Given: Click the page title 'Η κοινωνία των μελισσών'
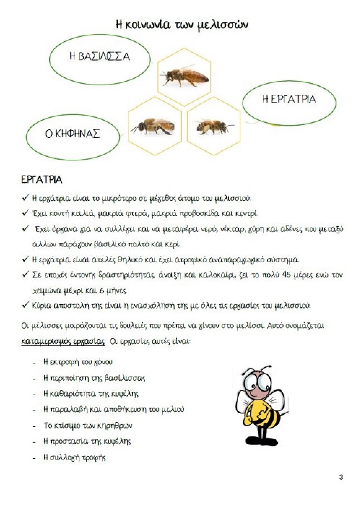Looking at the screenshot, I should pyautogui.click(x=182, y=25).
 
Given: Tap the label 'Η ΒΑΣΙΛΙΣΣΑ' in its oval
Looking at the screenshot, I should pyautogui.click(x=99, y=57).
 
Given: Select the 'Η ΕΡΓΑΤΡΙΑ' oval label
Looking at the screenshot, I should pyautogui.click(x=289, y=99).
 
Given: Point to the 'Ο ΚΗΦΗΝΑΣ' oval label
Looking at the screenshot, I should pyautogui.click(x=72, y=134).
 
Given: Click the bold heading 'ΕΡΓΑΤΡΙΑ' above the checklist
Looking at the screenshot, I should pyautogui.click(x=42, y=180).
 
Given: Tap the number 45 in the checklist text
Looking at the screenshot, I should pyautogui.click(x=286, y=275).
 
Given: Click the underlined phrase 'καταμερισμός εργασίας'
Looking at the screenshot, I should pyautogui.click(x=63, y=341).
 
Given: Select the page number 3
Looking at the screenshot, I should pyautogui.click(x=341, y=477).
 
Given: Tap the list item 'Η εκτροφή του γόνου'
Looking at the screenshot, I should pyautogui.click(x=78, y=362).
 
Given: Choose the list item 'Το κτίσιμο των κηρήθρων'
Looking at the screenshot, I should pyautogui.click(x=88, y=425).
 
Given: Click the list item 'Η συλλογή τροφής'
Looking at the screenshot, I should pyautogui.click(x=74, y=457).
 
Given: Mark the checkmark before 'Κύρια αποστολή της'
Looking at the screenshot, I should pyautogui.click(x=25, y=305).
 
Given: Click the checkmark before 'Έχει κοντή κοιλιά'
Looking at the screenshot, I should pyautogui.click(x=25, y=213).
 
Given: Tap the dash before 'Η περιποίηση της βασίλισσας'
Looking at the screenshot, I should pyautogui.click(x=35, y=379).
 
